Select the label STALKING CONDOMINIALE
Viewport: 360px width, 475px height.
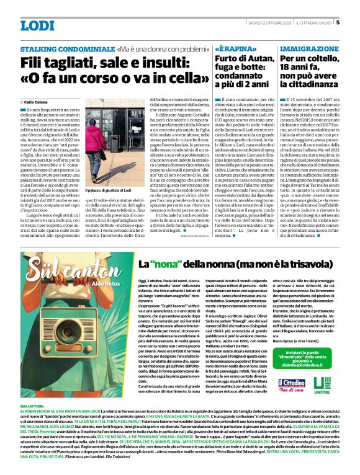pyautogui.click(x=67, y=48)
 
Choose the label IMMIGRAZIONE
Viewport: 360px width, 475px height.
pyautogui.click(x=308, y=48)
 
